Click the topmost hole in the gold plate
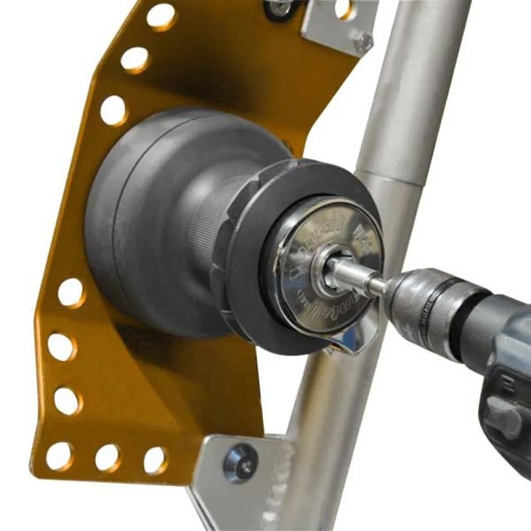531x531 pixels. pyautogui.click(x=160, y=16)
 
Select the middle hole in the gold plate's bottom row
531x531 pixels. pyautogui.click(x=107, y=458)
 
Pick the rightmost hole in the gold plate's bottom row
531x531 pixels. pyautogui.click(x=154, y=460)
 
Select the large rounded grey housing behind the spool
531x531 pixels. pyautogui.click(x=139, y=221)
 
